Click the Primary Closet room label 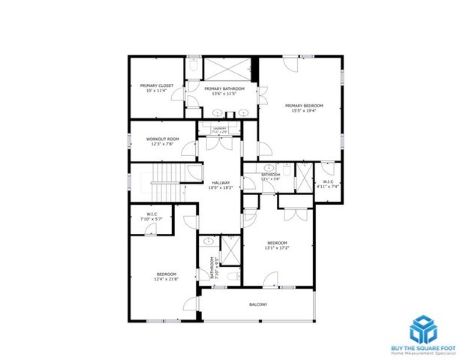click(x=157, y=85)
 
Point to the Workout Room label click(x=162, y=139)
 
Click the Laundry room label click(x=219, y=128)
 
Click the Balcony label click(x=258, y=304)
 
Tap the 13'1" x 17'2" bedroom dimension click(x=278, y=248)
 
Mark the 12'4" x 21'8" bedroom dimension click(x=166, y=279)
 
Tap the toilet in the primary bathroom click(x=193, y=67)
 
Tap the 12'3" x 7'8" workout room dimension click(x=162, y=144)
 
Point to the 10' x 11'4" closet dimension click(x=157, y=91)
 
